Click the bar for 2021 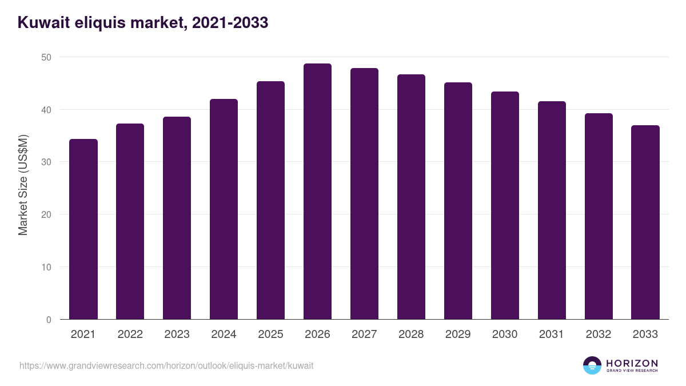coord(83,229)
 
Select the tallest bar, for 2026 coord(317,192)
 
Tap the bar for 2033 coord(645,222)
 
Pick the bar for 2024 coord(224,209)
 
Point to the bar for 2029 coord(458,201)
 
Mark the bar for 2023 coord(177,218)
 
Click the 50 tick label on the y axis coord(46,57)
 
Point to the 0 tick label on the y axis coord(49,320)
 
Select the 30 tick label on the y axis coord(46,162)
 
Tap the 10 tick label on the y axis coord(46,267)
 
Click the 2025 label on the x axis coord(270,335)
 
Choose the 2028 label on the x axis coord(411,335)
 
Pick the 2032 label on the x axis coord(599,335)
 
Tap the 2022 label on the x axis coord(130,335)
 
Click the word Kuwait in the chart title coord(43,23)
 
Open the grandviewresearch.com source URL coord(166,365)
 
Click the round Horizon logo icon coord(592,365)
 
